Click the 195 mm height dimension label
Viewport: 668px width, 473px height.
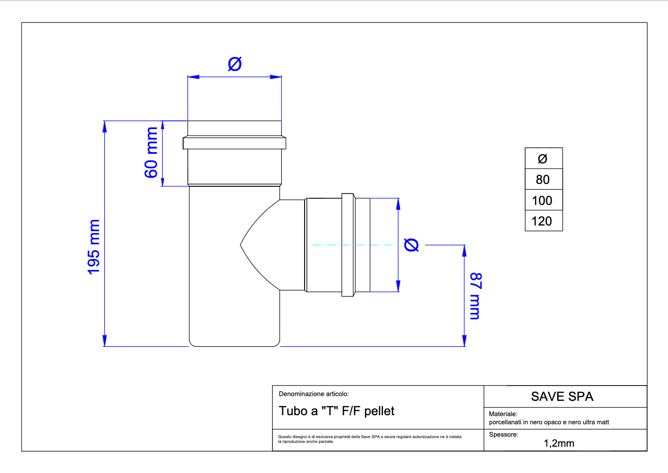[94, 247]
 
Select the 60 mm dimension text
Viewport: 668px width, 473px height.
[151, 152]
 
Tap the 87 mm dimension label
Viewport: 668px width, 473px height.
[476, 296]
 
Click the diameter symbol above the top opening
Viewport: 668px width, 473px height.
[235, 64]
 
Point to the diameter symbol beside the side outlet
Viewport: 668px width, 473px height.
[411, 245]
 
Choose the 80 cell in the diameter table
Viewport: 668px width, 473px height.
[543, 180]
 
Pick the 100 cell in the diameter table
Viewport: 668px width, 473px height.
[542, 201]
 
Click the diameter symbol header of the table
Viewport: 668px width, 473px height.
[543, 159]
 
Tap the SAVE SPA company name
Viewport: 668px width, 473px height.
[562, 397]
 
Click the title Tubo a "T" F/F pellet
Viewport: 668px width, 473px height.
[337, 411]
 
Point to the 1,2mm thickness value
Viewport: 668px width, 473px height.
[558, 443]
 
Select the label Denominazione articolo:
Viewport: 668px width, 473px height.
[314, 394]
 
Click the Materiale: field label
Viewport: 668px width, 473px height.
[503, 414]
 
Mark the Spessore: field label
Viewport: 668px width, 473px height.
[504, 434]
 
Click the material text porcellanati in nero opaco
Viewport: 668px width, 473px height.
[549, 422]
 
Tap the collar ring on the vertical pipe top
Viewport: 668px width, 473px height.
[234, 143]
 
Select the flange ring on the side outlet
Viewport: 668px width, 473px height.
[348, 245]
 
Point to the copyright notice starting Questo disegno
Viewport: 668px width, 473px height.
[370, 439]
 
